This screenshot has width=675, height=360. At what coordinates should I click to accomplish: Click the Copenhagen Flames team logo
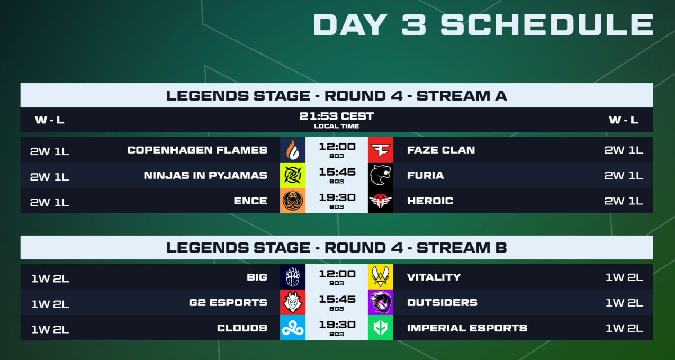[293, 150]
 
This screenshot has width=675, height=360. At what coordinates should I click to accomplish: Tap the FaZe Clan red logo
[380, 150]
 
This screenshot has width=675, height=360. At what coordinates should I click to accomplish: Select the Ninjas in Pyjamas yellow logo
[293, 175]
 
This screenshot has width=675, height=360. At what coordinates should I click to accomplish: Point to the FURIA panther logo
[380, 175]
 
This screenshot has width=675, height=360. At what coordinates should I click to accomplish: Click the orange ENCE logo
[293, 201]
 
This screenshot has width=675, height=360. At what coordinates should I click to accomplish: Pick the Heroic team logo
[380, 201]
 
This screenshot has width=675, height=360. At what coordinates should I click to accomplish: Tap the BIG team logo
[293, 277]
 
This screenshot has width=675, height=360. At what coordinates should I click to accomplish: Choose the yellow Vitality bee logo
[380, 277]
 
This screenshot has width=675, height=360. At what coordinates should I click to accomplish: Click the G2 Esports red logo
[293, 302]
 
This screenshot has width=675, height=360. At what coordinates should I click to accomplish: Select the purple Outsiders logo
[380, 302]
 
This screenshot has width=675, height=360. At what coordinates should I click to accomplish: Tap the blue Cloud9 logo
[293, 328]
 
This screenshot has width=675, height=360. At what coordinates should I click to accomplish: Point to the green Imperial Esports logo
[380, 328]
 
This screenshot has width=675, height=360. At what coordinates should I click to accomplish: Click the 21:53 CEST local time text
[336, 116]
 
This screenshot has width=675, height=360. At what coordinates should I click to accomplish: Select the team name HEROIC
[430, 201]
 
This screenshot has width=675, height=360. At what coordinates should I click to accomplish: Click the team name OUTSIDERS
[442, 302]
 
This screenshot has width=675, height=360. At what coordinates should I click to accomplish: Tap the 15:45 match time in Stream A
[337, 172]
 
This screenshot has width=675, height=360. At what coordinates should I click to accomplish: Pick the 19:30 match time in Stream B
[337, 325]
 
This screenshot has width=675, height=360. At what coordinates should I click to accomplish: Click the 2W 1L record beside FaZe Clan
[624, 150]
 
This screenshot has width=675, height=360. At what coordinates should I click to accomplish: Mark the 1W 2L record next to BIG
[50, 278]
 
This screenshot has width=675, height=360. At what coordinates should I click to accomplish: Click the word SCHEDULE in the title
[547, 24]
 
